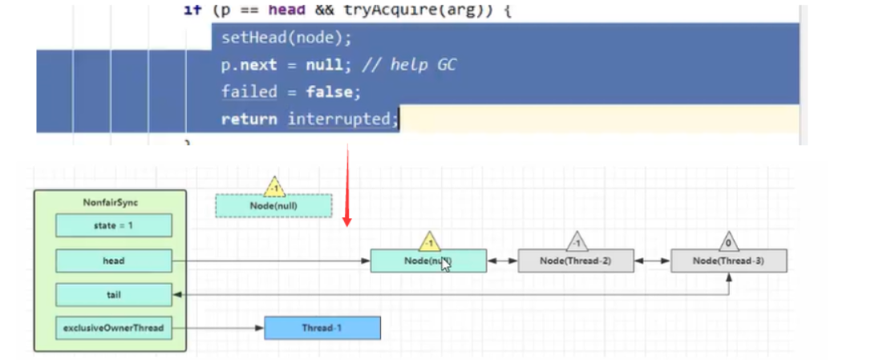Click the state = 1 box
(114, 226)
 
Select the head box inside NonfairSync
(114, 261)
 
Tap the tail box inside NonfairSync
(114, 295)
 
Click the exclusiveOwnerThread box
(114, 328)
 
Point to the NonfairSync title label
(110, 203)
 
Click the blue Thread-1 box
(322, 328)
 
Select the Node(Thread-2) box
(576, 261)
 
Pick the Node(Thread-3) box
(729, 261)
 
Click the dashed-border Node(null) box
(273, 206)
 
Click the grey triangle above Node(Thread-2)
(577, 241)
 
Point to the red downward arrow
(346, 184)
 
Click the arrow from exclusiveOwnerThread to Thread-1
(218, 328)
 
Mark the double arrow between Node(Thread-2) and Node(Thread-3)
(652, 261)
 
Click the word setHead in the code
(249, 38)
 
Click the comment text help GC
(423, 65)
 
